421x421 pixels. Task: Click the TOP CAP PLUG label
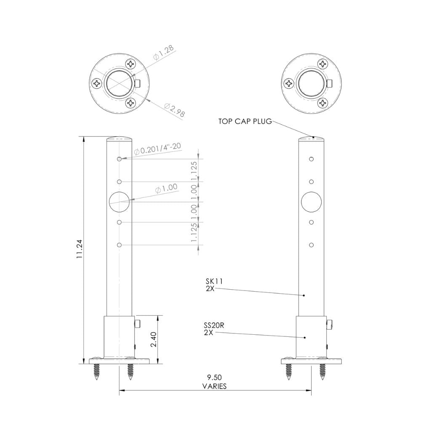245,122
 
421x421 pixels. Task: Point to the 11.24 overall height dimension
79,250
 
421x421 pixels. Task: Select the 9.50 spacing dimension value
214,377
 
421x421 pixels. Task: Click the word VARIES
214,386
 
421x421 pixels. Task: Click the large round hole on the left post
120,202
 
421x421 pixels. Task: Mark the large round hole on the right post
311,202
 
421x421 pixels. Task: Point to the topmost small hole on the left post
120,159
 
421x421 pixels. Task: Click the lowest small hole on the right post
311,245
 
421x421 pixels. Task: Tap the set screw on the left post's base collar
138,323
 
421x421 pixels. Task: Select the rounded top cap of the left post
120,138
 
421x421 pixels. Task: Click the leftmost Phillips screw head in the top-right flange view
289,83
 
